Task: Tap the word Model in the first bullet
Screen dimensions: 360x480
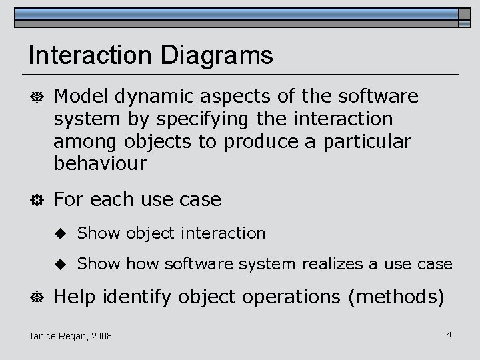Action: [81, 97]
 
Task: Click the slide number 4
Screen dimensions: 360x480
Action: [449, 333]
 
